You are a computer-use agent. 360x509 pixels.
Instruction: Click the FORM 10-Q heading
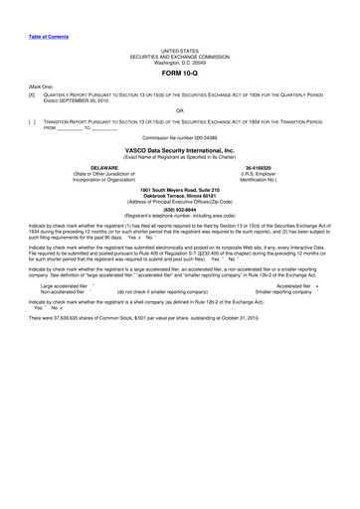pyautogui.click(x=179, y=74)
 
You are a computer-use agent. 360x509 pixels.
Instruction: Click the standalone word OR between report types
pyautogui.click(x=179, y=109)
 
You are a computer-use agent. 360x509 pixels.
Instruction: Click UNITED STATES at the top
pyautogui.click(x=179, y=49)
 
